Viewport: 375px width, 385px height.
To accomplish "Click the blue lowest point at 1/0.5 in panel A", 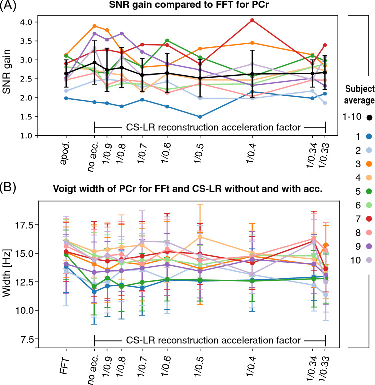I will coord(200,117).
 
